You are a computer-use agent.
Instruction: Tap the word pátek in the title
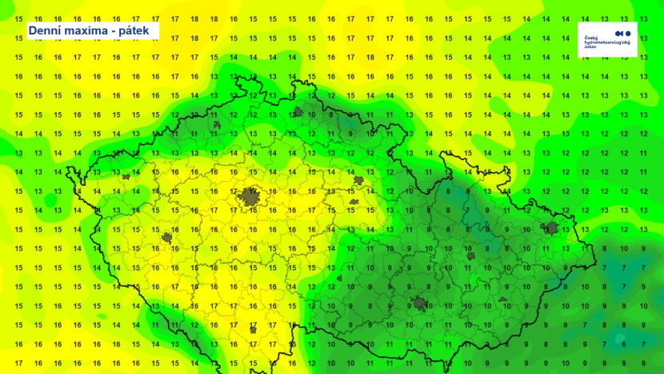point(137,30)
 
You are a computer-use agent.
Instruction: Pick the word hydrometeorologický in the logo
point(607,42)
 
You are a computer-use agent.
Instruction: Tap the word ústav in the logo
point(590,47)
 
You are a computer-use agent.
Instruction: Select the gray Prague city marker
point(251,196)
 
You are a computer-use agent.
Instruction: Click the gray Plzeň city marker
point(167,237)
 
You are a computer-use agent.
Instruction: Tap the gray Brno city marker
point(419,303)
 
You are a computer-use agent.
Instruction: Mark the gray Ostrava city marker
point(551,228)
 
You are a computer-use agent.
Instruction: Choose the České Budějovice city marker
point(253,328)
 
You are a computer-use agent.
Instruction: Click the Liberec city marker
point(298,113)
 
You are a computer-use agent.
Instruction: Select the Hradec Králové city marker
point(358,181)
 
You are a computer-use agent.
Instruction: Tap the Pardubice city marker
point(353,201)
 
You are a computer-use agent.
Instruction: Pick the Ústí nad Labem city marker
point(216,125)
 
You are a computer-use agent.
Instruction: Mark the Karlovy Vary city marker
point(125,175)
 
